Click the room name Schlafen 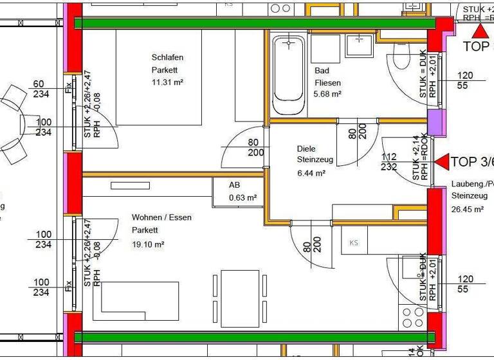167,57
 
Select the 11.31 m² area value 168,82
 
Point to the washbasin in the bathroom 356,45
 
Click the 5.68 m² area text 327,94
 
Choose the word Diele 307,147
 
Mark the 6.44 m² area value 311,173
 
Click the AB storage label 235,185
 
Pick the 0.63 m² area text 243,197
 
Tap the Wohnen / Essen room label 161,217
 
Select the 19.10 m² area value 149,244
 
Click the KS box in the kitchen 354,243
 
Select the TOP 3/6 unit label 471,161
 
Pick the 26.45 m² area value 468,209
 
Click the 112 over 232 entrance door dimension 389,161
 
